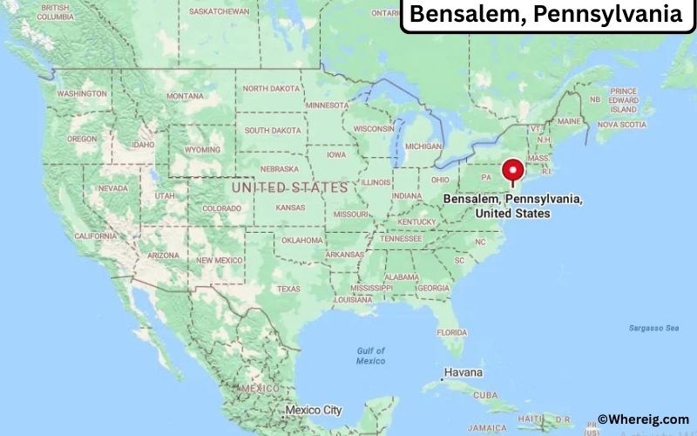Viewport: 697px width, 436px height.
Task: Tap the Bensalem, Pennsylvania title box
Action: [x=547, y=15]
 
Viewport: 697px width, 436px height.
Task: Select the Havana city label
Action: [x=463, y=372]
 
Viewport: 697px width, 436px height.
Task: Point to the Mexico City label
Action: [x=313, y=410]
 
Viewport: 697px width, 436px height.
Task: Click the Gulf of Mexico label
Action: [x=370, y=356]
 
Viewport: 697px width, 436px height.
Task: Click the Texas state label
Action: [x=288, y=289]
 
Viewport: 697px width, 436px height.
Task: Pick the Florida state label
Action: [x=451, y=332]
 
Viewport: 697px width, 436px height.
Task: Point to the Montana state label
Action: [x=185, y=96]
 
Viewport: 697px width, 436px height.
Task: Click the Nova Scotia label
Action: [x=621, y=125]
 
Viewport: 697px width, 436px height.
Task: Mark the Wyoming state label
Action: [x=203, y=149]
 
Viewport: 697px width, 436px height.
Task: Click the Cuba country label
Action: [x=486, y=394]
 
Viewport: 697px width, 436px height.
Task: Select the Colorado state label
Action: [x=221, y=208]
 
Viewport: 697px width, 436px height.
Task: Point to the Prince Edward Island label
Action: [x=624, y=100]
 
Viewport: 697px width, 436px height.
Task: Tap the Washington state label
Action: [x=83, y=93]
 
